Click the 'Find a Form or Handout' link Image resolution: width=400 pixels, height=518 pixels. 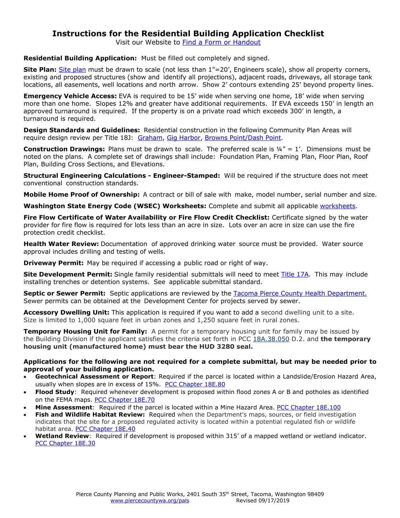click(221, 42)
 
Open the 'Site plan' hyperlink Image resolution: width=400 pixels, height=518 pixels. click(72, 70)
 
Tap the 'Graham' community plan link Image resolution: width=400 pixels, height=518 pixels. click(150, 138)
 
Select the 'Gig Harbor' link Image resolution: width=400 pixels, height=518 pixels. click(184, 138)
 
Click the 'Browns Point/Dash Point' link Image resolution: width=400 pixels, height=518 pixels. click(243, 138)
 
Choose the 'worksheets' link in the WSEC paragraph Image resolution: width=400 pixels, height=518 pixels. click(338, 206)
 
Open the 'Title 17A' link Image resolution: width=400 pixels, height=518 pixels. click(295, 275)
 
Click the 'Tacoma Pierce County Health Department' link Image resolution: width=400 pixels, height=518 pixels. click(300, 294)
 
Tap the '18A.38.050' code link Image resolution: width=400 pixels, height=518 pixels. click(271, 339)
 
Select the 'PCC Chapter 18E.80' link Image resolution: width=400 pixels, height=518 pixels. click(195, 385)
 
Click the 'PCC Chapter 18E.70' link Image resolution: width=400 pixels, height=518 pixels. click(125, 400)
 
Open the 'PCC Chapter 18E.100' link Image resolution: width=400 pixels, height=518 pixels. click(309, 408)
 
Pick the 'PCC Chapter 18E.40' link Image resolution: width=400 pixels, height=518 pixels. click(105, 429)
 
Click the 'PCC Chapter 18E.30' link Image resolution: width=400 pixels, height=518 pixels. click(65, 444)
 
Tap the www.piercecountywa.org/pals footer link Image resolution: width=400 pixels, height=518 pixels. click(150, 501)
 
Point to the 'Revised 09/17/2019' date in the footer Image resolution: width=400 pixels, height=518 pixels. click(263, 501)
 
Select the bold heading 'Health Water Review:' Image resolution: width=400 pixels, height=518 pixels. click(61, 244)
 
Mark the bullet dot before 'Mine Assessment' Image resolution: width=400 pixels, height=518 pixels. click(25, 408)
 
